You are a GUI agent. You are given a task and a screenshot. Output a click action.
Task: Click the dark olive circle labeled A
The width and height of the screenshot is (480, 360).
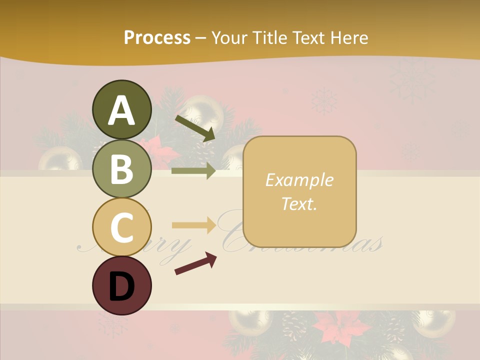tap(122, 110)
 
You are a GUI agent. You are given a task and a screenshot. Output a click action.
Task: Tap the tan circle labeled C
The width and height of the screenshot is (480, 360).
tap(122, 227)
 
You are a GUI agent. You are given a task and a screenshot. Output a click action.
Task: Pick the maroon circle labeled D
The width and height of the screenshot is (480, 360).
tap(122, 285)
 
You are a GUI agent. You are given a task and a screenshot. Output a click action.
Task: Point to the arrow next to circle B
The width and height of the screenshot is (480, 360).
tap(193, 171)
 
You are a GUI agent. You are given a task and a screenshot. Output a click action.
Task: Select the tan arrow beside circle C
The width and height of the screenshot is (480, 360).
tap(193, 225)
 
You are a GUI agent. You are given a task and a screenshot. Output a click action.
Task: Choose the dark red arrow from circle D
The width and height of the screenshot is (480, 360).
tap(195, 263)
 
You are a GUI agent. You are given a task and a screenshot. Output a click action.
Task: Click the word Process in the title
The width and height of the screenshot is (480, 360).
tap(157, 37)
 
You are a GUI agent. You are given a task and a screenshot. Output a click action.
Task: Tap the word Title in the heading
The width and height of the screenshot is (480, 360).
tap(268, 37)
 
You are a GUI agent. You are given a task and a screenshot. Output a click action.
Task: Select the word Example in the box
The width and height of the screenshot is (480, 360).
tap(299, 180)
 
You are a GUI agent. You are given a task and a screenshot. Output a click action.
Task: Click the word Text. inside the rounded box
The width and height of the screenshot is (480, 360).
tap(299, 203)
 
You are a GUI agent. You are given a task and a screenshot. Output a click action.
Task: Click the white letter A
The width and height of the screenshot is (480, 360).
tap(122, 110)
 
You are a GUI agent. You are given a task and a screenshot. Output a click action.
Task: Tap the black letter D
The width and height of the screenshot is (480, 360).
tap(122, 287)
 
